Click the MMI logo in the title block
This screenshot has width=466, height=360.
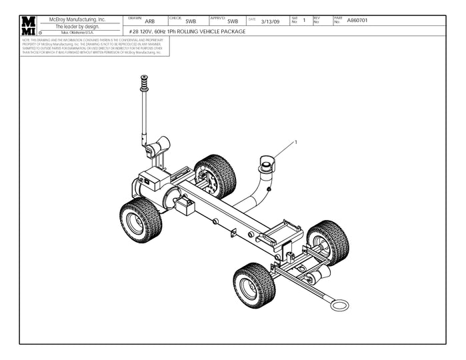[28, 25]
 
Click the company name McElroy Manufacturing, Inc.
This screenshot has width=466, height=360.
[77, 20]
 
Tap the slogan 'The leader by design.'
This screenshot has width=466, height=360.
[77, 27]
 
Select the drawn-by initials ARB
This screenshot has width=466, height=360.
[150, 22]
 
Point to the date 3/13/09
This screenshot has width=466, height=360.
[270, 22]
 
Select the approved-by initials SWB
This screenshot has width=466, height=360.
[233, 22]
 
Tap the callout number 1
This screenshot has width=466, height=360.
[295, 142]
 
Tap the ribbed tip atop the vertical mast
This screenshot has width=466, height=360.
[143, 84]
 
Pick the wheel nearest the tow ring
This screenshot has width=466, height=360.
[254, 285]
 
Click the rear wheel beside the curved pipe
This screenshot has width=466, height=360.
[215, 177]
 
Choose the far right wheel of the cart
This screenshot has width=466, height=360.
[328, 243]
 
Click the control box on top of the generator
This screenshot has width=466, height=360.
[151, 179]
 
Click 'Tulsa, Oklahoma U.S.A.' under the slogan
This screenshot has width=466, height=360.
[77, 33]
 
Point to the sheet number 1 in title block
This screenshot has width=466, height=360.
[304, 21]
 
